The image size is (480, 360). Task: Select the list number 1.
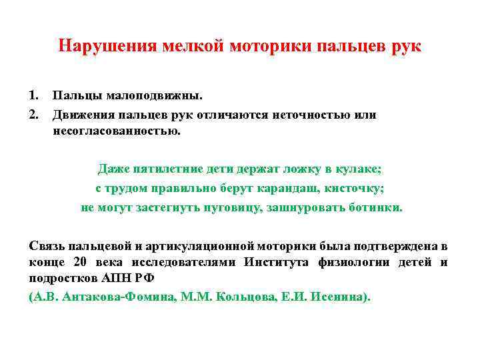tap(33, 97)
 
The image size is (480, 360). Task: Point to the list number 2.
tap(33, 115)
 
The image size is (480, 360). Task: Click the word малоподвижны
tap(139, 97)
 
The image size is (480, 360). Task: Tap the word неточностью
tap(311, 115)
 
